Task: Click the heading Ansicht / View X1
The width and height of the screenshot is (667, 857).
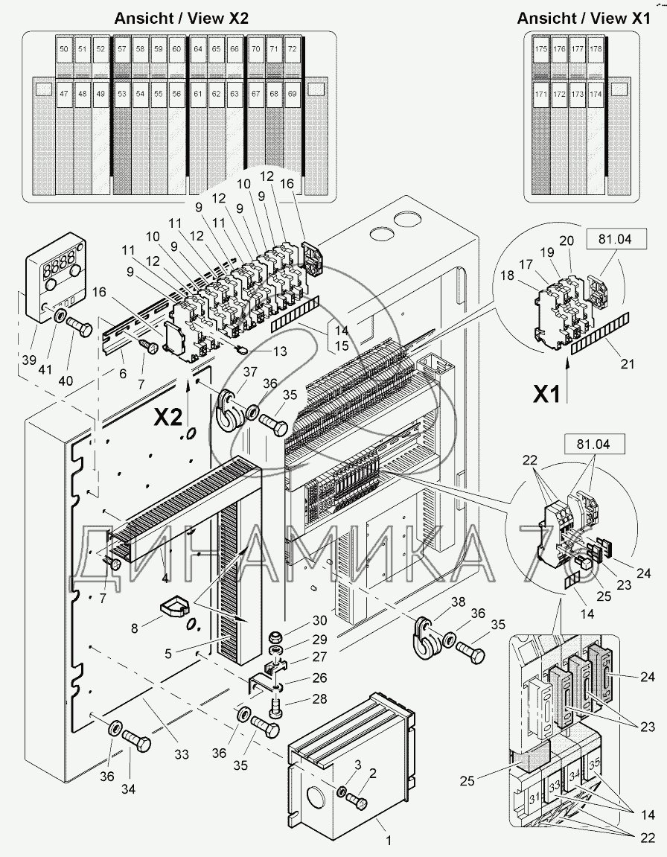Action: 583,19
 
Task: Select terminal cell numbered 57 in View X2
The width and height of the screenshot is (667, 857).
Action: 121,49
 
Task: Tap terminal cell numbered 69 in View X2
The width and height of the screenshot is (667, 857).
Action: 292,94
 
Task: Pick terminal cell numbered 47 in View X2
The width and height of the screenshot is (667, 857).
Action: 64,94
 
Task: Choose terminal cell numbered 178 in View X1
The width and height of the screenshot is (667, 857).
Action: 596,49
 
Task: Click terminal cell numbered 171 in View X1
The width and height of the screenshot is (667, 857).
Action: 541,94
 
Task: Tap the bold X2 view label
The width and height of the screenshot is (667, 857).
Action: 167,417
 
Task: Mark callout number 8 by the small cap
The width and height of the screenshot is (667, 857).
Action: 134,628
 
